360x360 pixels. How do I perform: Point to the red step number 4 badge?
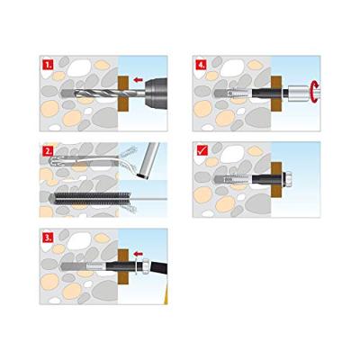click(x=200, y=66)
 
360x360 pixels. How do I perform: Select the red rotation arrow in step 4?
click(x=312, y=91)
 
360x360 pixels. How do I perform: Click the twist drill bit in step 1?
click(x=85, y=92)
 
